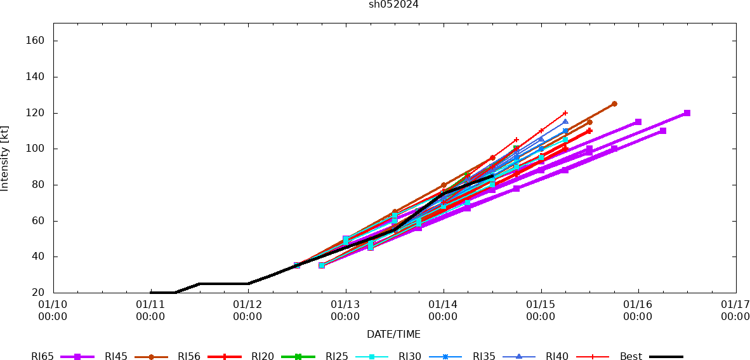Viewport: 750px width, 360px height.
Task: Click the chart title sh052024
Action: tap(393, 4)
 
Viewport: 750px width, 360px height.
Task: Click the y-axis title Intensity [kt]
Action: tap(5, 158)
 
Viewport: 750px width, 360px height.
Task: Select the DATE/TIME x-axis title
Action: tap(393, 334)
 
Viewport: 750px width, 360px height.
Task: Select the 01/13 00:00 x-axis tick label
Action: tap(345, 310)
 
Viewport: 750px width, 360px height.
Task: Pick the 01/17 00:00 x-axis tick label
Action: tap(735, 310)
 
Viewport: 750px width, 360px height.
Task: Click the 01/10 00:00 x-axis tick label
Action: tap(53, 310)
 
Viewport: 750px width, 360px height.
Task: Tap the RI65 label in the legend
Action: tap(43, 357)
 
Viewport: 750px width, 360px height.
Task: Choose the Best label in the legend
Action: tap(631, 357)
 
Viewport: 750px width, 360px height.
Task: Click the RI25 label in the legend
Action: tap(337, 357)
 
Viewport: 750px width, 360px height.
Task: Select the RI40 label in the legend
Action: tap(557, 357)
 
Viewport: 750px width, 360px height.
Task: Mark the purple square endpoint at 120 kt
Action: tap(687, 113)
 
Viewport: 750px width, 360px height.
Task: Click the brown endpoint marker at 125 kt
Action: tap(614, 103)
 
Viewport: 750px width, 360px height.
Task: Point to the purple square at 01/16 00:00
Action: tap(638, 122)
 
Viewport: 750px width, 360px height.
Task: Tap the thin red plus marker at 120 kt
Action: tap(565, 113)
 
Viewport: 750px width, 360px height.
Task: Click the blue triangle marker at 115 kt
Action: tap(565, 122)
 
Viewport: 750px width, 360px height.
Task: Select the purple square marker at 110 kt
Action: tap(662, 131)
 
